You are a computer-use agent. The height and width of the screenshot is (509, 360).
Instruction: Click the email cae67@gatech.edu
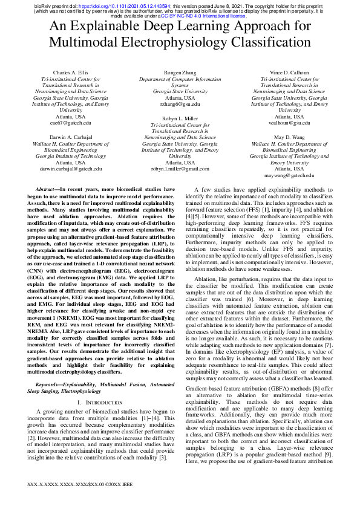click(71, 123)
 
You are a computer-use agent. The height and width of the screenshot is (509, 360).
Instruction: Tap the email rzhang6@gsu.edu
click(180, 104)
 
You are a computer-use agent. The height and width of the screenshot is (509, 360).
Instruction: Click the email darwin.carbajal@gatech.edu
click(71, 169)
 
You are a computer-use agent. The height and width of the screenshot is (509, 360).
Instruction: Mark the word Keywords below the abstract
click(51, 383)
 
